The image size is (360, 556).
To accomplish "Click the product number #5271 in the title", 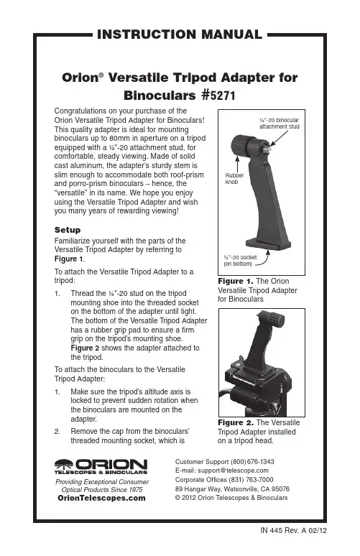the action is click(218, 96).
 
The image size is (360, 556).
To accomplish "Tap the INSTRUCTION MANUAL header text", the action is click(180, 34).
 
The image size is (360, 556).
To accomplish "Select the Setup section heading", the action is click(68, 230).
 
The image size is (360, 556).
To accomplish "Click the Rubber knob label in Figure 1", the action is click(234, 179).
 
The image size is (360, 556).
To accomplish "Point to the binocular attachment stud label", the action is click(279, 124).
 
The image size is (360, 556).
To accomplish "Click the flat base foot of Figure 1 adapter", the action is click(268, 244).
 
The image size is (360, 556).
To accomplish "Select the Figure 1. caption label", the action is click(236, 281).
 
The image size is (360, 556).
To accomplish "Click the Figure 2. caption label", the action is click(236, 422).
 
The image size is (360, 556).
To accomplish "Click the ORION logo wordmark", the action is click(101, 465).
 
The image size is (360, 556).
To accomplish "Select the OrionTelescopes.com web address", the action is click(101, 499).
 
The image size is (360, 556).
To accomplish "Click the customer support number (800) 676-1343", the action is click(252, 462).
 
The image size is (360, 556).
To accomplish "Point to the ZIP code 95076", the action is click(280, 489).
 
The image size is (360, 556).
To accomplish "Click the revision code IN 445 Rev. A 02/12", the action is click(294, 530).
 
